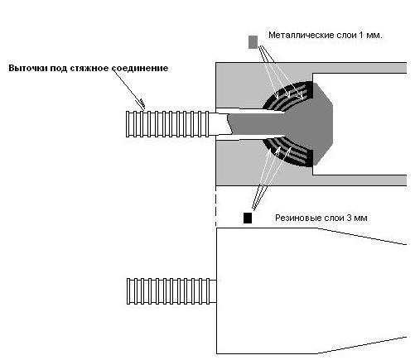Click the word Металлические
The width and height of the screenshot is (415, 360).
(302, 36)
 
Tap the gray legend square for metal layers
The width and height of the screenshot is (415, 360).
(253, 42)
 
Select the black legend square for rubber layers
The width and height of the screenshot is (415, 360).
(248, 218)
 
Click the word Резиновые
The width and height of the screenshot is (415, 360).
(299, 218)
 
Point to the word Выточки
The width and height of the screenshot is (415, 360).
(28, 68)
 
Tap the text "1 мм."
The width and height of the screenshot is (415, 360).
(370, 36)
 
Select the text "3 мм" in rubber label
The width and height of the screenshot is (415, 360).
(357, 218)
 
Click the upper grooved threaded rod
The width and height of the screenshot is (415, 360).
(167, 124)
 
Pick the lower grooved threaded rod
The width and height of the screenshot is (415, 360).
(171, 291)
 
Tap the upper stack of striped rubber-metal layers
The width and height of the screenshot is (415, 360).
(288, 96)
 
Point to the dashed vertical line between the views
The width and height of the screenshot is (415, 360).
(216, 206)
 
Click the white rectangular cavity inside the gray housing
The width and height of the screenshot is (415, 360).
(360, 124)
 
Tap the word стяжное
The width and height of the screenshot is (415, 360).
(90, 68)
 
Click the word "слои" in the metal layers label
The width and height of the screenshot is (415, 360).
(346, 36)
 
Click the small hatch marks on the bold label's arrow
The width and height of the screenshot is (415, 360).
(142, 102)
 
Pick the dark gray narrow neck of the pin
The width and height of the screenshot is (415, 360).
(257, 124)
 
